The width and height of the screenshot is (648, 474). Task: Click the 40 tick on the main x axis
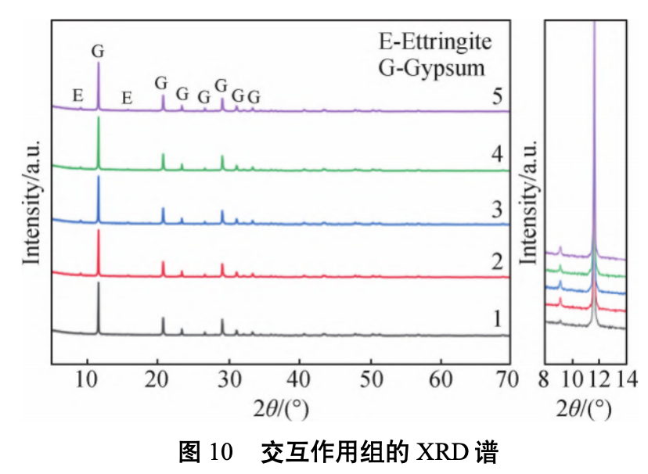coord(299,380)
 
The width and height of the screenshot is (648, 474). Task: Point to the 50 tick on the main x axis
coord(370,380)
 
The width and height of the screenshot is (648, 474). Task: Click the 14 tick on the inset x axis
coord(626,380)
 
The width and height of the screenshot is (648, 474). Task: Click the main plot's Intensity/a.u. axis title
coord(31,192)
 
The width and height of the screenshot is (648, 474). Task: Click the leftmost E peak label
coord(77,95)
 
